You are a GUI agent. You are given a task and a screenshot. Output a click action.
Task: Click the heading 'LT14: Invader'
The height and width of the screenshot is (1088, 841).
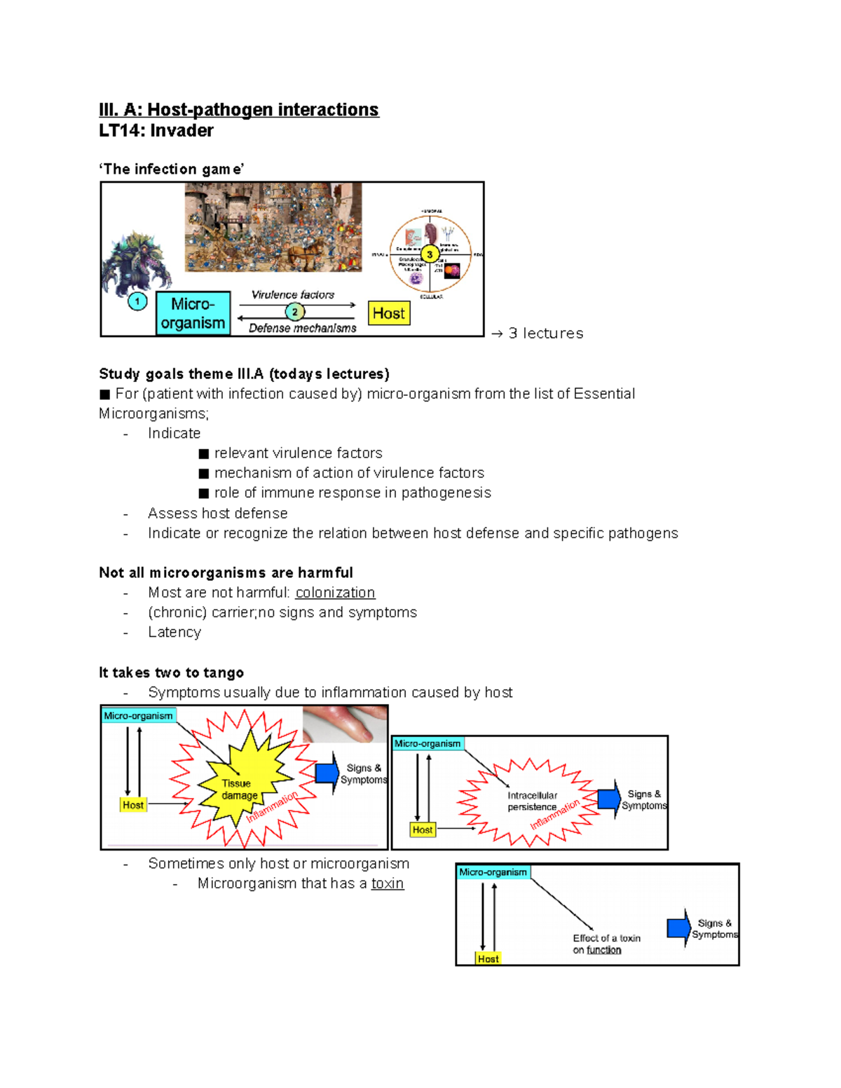coord(156,131)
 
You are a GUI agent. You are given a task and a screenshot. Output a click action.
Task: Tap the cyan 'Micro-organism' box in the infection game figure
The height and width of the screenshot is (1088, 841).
coord(193,313)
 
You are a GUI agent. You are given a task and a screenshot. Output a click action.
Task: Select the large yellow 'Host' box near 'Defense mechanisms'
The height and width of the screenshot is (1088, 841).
coord(389,313)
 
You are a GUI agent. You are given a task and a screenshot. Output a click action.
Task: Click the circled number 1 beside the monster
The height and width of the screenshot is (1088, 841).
coord(137,302)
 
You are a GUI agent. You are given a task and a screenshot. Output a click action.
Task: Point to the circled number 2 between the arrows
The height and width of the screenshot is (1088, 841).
coord(294,312)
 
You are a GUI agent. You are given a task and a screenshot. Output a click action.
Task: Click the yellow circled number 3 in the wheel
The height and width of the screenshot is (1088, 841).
coord(430,254)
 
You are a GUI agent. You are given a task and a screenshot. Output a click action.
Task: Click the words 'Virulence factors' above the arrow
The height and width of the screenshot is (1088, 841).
coord(293,295)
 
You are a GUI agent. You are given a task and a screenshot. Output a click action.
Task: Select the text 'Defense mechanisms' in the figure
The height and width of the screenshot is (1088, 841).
coord(302,328)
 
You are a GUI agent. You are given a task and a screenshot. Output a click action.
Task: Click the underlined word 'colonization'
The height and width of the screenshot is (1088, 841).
coord(335,593)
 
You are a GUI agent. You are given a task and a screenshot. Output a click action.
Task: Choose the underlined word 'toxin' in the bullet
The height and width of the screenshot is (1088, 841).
coord(388,883)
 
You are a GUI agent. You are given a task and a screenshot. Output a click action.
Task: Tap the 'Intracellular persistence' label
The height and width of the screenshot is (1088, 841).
coord(532,801)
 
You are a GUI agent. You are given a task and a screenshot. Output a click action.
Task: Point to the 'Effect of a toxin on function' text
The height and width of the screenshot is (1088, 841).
coord(606,944)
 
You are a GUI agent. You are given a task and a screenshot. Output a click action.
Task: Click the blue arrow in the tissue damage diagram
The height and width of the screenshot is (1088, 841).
coord(327,773)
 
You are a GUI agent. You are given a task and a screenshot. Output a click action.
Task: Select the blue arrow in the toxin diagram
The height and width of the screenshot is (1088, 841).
coord(678,928)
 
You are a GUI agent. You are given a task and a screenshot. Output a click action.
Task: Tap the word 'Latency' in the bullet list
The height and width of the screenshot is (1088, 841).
coord(175,633)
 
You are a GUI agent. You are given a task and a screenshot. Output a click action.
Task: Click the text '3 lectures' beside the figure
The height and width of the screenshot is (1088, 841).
coord(545,333)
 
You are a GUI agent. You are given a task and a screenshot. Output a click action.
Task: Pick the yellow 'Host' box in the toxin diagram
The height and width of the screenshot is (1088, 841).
coord(488,958)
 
